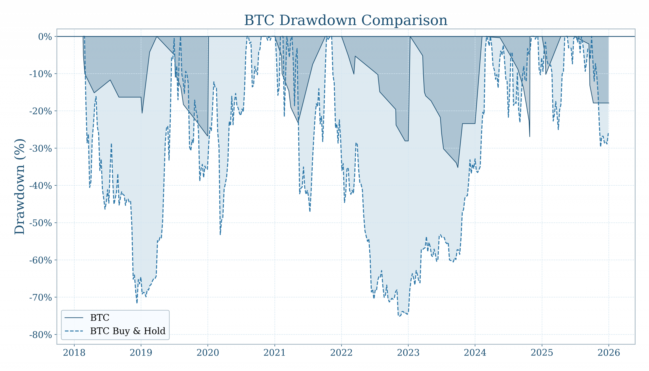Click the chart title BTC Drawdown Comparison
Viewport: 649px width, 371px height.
point(346,20)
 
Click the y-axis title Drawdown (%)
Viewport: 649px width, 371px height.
point(20,187)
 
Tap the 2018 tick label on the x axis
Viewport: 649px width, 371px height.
point(74,353)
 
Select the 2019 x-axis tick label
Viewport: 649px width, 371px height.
point(141,353)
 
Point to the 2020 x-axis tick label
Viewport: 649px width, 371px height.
point(208,353)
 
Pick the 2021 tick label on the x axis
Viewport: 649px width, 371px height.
point(275,353)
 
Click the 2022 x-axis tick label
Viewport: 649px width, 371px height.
point(341,353)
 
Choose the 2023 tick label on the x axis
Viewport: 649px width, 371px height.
point(408,353)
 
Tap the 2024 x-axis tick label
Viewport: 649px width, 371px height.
point(475,353)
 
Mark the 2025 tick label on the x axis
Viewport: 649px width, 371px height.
point(542,353)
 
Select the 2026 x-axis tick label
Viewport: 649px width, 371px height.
point(608,353)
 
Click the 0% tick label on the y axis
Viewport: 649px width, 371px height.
point(45,37)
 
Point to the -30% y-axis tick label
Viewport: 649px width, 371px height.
point(41,148)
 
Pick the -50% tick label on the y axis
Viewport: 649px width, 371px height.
point(41,223)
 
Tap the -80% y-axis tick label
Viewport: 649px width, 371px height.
point(41,334)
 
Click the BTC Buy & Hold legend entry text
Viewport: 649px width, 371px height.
point(128,331)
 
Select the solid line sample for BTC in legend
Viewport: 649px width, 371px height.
point(74,317)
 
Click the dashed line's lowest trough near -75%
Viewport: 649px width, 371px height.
point(399,316)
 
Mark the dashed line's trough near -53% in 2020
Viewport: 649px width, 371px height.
point(220,234)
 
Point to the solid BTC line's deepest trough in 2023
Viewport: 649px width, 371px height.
point(458,167)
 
